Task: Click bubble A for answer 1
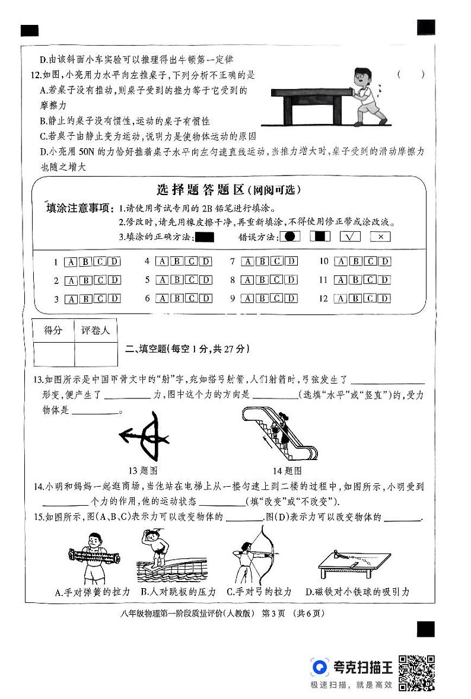pos(70,261)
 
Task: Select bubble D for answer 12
pos(384,299)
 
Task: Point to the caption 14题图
pos(287,471)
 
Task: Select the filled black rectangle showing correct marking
pos(204,237)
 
